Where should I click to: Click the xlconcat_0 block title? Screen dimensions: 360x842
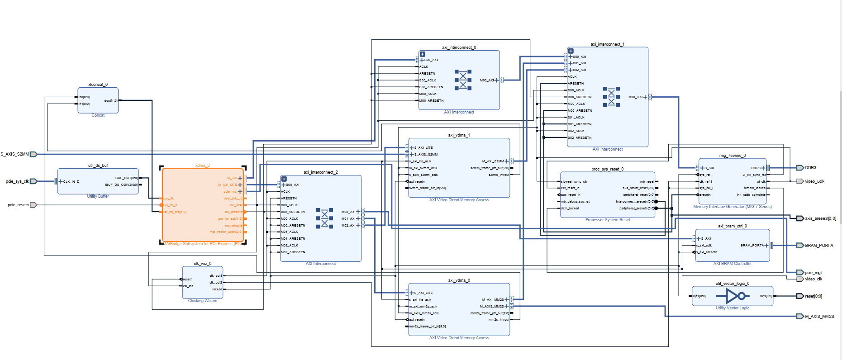click(x=98, y=85)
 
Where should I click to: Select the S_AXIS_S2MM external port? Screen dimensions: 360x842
click(x=33, y=154)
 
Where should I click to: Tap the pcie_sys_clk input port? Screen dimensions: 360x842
click(x=33, y=181)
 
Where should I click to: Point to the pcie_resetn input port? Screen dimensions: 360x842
click(x=33, y=205)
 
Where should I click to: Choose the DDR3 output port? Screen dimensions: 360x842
click(x=800, y=168)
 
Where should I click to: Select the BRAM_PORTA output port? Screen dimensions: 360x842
click(x=800, y=246)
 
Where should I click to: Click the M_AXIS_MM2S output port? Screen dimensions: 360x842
click(x=800, y=317)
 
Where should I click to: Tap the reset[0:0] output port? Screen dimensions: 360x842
click(x=800, y=296)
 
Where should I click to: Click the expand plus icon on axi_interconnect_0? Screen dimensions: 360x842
click(x=422, y=54)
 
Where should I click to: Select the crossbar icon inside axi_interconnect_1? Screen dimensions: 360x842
click(x=611, y=96)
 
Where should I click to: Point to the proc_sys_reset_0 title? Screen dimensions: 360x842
click(x=607, y=169)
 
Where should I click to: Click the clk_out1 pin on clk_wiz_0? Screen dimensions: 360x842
click(x=216, y=275)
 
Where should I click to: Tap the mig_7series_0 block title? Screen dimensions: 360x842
click(x=732, y=156)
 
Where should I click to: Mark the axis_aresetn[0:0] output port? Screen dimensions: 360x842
click(x=800, y=218)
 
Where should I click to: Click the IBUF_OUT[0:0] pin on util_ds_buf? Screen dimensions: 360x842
click(x=126, y=178)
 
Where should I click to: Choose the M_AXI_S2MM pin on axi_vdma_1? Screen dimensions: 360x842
click(x=493, y=161)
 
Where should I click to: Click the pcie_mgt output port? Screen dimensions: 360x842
click(x=800, y=273)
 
